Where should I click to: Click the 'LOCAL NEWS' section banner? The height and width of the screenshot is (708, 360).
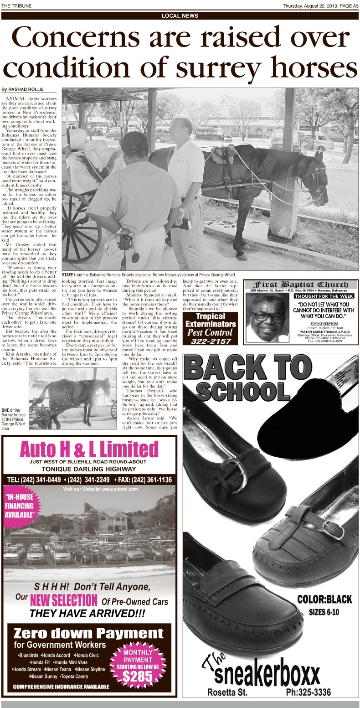[180, 16]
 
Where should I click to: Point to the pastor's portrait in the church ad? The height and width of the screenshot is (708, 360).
[267, 317]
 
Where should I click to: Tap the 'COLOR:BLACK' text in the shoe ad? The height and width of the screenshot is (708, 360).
[324, 599]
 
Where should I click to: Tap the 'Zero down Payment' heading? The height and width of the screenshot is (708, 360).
[88, 634]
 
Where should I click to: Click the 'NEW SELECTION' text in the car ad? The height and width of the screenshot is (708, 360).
[63, 600]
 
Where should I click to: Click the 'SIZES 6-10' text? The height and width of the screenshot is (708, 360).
[324, 612]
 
